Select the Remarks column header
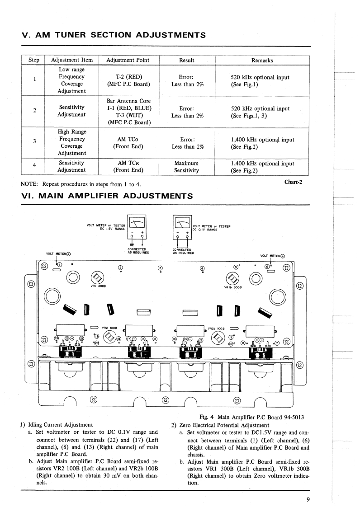point(262,60)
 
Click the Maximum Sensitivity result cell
point(187,167)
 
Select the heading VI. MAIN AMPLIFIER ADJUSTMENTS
point(107,196)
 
